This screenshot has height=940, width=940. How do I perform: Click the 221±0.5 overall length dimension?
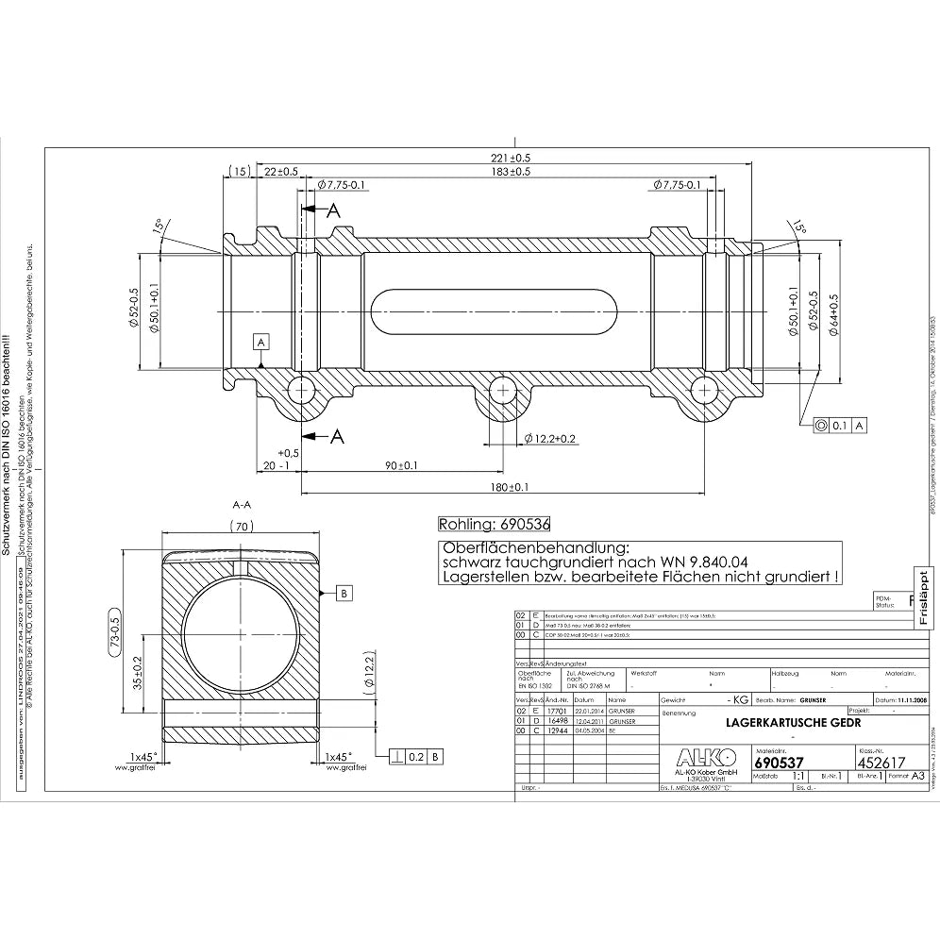(510, 157)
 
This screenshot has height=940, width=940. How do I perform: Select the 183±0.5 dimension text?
(510, 172)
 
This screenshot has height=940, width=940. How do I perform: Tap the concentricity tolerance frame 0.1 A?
(842, 426)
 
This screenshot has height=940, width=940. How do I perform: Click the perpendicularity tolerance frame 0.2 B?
(417, 755)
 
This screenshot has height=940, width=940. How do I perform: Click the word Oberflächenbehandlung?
(534, 546)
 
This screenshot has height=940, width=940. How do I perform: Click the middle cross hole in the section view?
(503, 390)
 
